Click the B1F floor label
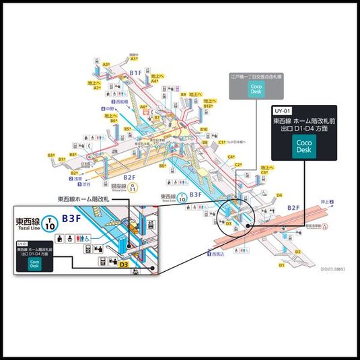[135, 72]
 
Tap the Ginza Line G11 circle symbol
[133, 188]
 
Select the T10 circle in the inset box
[49, 222]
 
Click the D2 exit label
[297, 250]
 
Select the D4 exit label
[279, 194]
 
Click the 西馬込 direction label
[217, 254]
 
